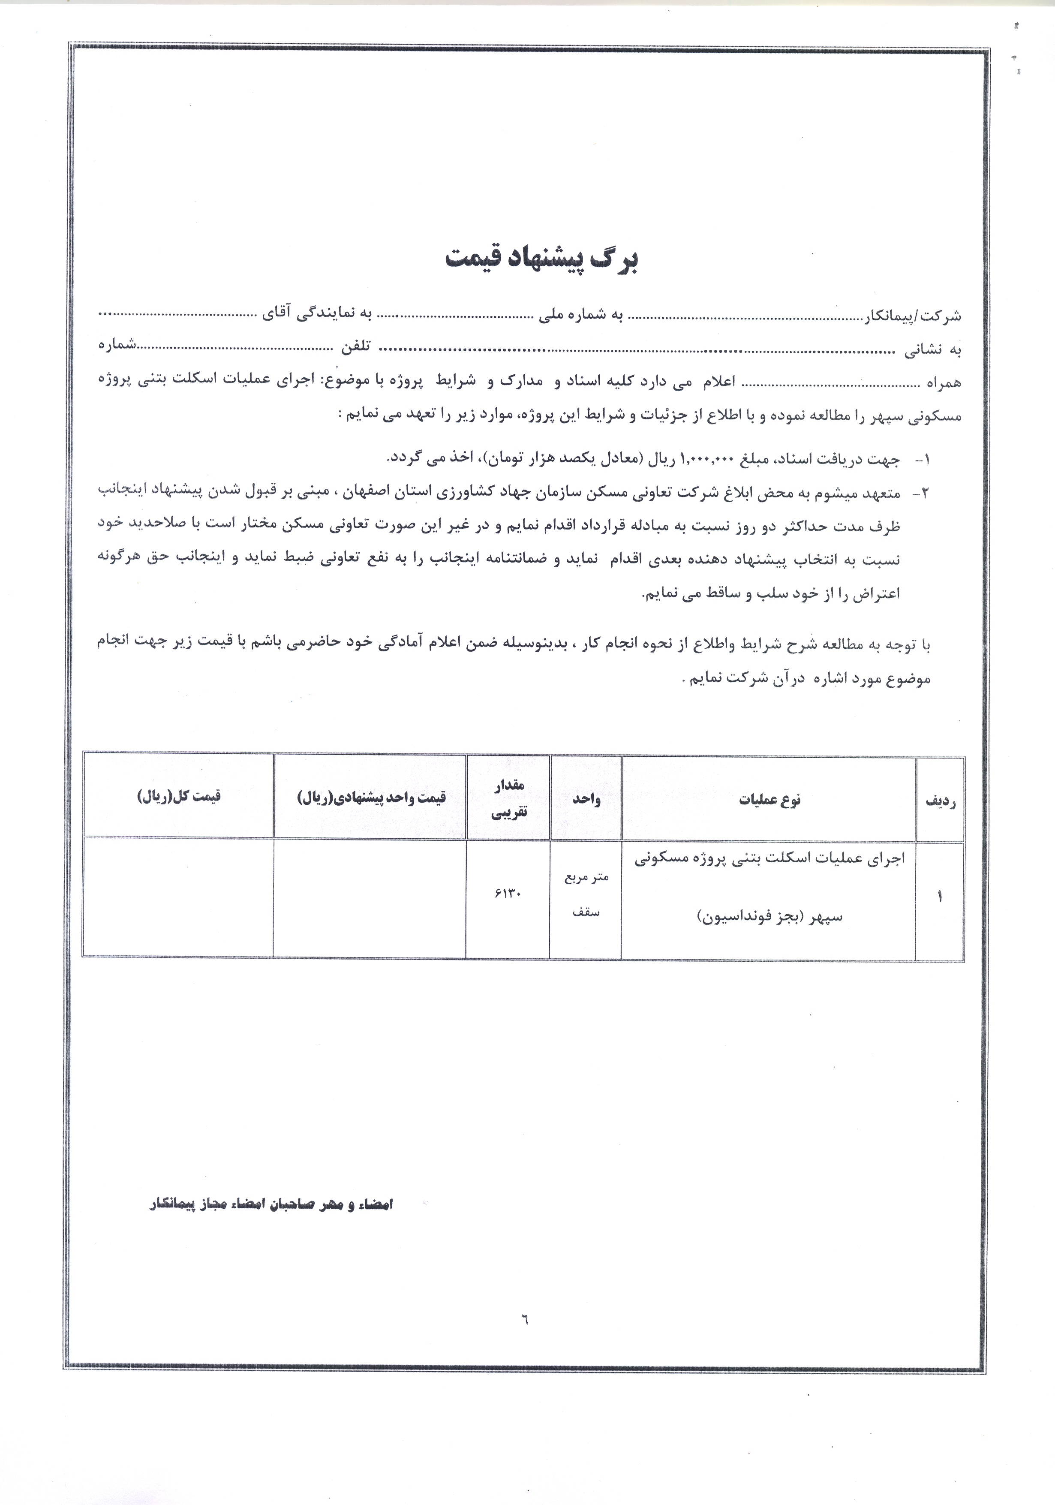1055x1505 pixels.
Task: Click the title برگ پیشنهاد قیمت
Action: [x=541, y=259]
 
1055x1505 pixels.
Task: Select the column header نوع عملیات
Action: [x=769, y=800]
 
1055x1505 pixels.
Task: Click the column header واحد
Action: [x=586, y=799]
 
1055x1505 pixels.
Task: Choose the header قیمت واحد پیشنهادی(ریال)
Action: [x=371, y=797]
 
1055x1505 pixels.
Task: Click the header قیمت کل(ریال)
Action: [x=179, y=796]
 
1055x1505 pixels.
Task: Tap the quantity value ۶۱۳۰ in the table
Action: [x=508, y=895]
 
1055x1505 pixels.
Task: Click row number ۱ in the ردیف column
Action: [x=940, y=897]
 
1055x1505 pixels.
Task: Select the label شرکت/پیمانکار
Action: [x=914, y=316]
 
